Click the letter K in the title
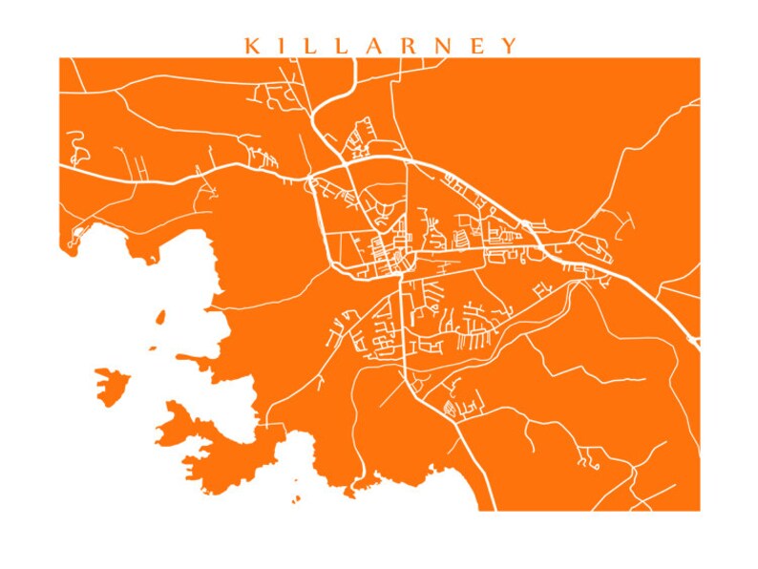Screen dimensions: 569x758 point(252,46)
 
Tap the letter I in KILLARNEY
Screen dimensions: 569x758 point(285,46)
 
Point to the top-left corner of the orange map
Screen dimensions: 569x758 point(60,58)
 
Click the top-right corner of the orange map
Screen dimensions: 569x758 point(699,58)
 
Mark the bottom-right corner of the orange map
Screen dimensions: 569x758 point(699,510)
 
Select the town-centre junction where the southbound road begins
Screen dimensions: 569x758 point(400,275)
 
